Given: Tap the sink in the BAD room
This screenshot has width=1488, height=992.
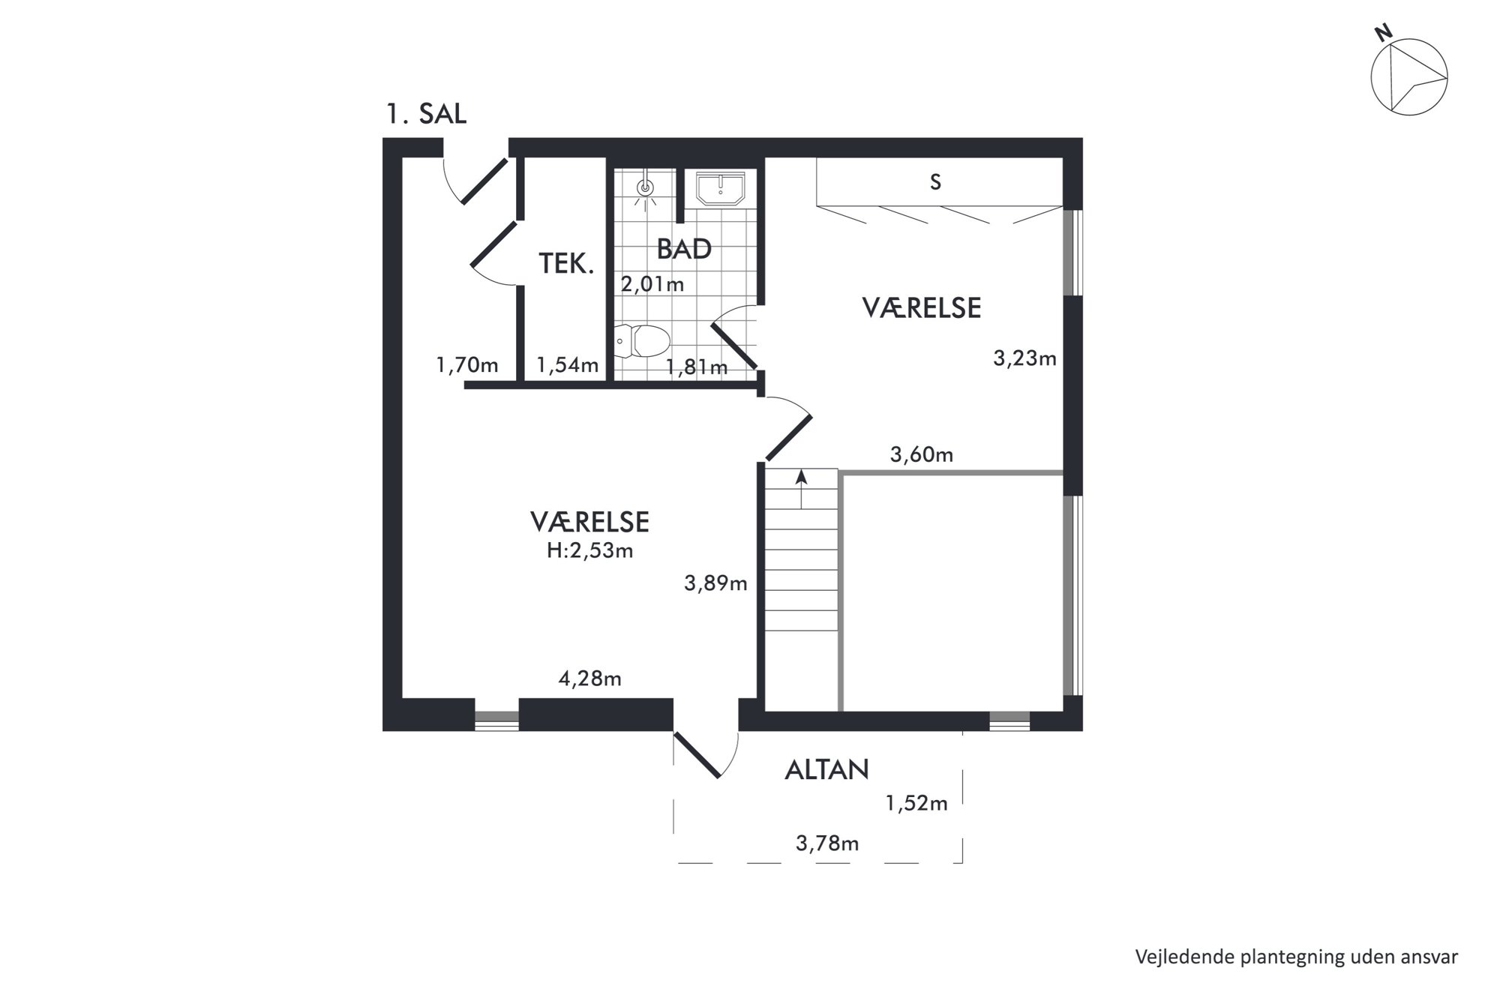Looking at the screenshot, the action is click(720, 188).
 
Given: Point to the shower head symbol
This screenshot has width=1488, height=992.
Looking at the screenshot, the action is click(645, 188).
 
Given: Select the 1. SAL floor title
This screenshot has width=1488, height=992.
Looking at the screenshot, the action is click(426, 114).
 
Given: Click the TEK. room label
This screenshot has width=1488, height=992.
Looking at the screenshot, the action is click(566, 263).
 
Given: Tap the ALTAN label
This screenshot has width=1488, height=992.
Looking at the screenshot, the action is click(826, 770).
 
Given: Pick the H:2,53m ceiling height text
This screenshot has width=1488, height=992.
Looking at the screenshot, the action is click(589, 551).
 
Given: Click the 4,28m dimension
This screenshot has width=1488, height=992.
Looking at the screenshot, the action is click(590, 679).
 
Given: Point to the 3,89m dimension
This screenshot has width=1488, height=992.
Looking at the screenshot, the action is click(715, 583).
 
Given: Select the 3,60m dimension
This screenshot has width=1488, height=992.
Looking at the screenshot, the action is click(922, 454).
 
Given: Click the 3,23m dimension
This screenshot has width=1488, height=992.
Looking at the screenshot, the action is click(1024, 358).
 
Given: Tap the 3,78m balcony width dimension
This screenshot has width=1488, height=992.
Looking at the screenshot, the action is click(827, 844).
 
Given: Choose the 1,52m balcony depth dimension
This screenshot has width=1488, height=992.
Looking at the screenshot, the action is click(916, 804).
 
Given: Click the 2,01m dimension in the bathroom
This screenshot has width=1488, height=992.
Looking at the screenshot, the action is click(652, 284).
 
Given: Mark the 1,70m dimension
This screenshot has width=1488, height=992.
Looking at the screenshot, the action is click(467, 365).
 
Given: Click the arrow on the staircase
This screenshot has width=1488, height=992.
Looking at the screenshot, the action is click(801, 489).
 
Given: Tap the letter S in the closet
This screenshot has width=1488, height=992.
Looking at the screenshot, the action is click(935, 182).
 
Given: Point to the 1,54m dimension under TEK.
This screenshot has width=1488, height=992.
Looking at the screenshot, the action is click(568, 365).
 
